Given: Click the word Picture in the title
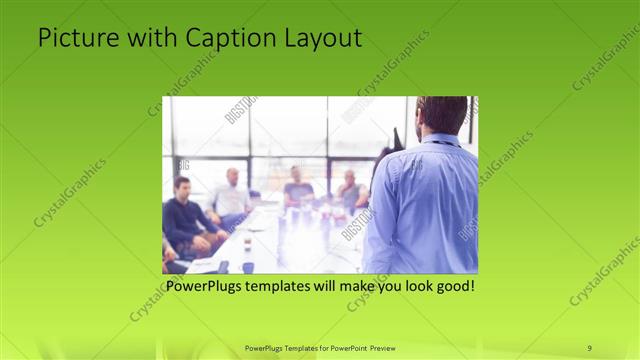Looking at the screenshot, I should (x=72, y=39).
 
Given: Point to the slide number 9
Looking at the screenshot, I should (x=589, y=348).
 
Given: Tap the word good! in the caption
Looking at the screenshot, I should (x=454, y=286).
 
